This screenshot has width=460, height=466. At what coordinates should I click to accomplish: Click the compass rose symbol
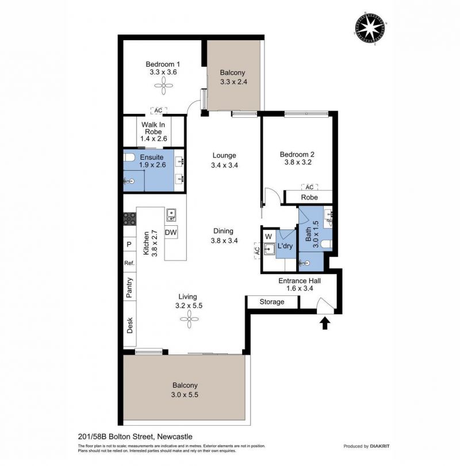tap(370, 28)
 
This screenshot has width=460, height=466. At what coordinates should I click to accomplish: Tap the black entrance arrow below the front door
tap(325, 323)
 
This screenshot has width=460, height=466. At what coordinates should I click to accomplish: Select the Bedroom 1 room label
tap(163, 64)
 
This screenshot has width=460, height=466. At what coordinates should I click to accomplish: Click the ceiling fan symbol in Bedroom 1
tap(163, 86)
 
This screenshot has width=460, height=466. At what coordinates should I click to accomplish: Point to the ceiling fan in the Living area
tap(189, 319)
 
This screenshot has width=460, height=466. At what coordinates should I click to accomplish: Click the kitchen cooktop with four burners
tap(130, 219)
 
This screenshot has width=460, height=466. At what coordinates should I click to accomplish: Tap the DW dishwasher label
tap(171, 232)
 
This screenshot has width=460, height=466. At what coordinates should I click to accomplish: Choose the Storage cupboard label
tap(272, 302)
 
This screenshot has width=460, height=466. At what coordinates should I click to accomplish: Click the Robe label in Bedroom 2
tap(309, 197)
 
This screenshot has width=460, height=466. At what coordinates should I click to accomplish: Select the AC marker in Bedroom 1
tap(159, 110)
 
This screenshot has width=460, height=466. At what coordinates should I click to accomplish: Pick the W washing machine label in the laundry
tap(269, 237)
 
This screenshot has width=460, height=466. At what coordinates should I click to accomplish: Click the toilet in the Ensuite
tap(129, 157)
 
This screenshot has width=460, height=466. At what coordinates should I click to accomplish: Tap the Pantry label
tap(129, 288)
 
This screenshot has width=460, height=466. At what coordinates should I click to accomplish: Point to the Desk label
tap(129, 325)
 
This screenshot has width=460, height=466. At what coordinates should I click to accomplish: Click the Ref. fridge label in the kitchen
tap(129, 263)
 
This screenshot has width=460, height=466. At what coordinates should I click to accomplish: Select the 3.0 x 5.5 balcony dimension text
tap(185, 395)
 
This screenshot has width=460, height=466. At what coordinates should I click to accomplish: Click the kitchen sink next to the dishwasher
tap(171, 215)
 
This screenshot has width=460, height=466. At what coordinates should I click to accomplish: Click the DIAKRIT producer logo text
tap(379, 446)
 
